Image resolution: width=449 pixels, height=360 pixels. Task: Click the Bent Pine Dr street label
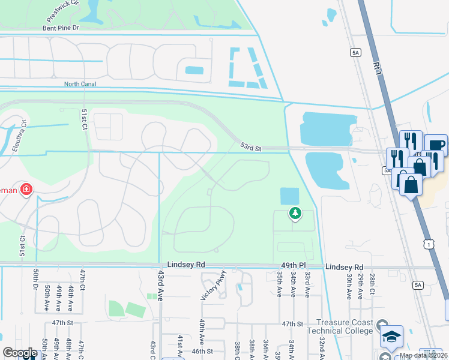click(61, 28)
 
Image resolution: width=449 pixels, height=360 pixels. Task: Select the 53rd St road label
click(251, 146)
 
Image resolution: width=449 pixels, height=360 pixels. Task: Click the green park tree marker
click(295, 212)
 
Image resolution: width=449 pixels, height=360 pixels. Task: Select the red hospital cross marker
click(26, 190)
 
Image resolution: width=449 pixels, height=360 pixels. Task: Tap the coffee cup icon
click(435, 145)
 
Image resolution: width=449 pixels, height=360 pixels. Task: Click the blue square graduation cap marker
click(391, 337)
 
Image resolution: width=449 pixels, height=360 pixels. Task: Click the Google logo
click(20, 352)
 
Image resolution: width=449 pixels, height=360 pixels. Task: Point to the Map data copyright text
click(423, 355)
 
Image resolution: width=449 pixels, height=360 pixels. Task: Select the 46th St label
click(202, 351)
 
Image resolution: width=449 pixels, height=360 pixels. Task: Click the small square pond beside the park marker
click(289, 196)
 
